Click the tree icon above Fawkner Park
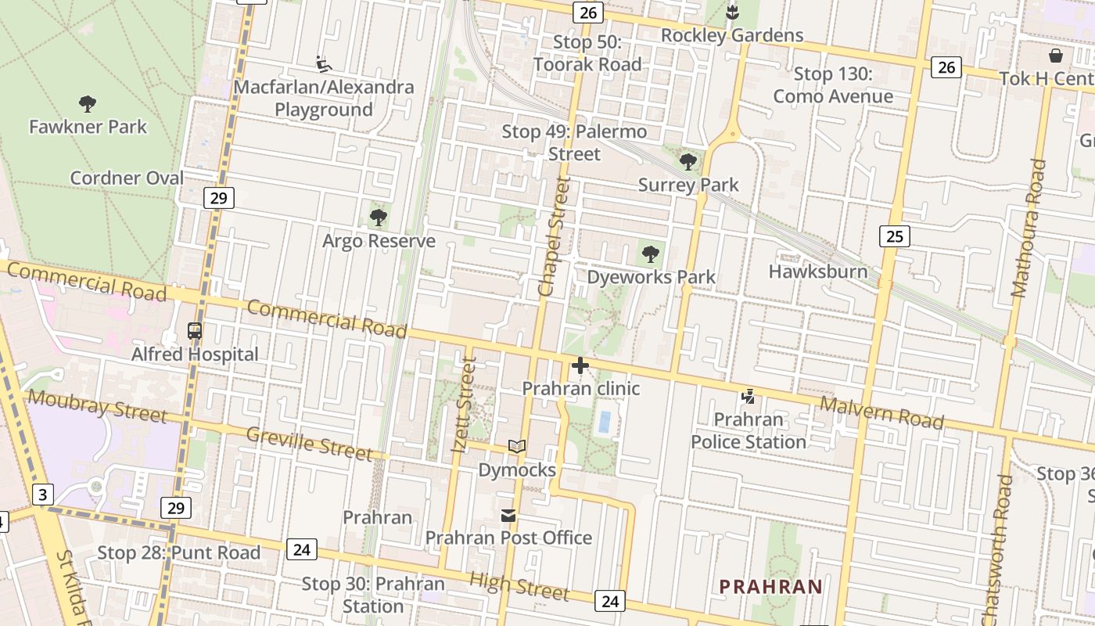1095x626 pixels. [x=88, y=103]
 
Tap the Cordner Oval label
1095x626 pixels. [x=127, y=178]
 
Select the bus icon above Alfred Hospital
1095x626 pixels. [x=195, y=331]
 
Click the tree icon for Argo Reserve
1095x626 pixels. [x=379, y=218]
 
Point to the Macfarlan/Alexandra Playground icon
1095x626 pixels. [x=323, y=63]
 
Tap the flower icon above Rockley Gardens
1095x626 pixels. [x=732, y=13]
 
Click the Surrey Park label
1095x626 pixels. [x=688, y=185]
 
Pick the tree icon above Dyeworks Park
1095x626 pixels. [x=650, y=254]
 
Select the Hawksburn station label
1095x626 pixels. [x=818, y=272]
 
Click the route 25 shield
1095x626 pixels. [x=895, y=236]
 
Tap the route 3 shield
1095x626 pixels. [x=43, y=495]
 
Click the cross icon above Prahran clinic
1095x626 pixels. [x=580, y=365]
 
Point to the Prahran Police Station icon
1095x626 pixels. [x=749, y=397]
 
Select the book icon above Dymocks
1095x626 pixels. [x=516, y=447]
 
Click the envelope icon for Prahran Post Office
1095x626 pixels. [x=508, y=515]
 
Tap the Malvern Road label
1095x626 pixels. [x=881, y=412]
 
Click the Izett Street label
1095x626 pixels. [x=465, y=405]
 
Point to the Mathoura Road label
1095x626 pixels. [x=1029, y=228]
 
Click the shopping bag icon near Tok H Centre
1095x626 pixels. [x=1056, y=56]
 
